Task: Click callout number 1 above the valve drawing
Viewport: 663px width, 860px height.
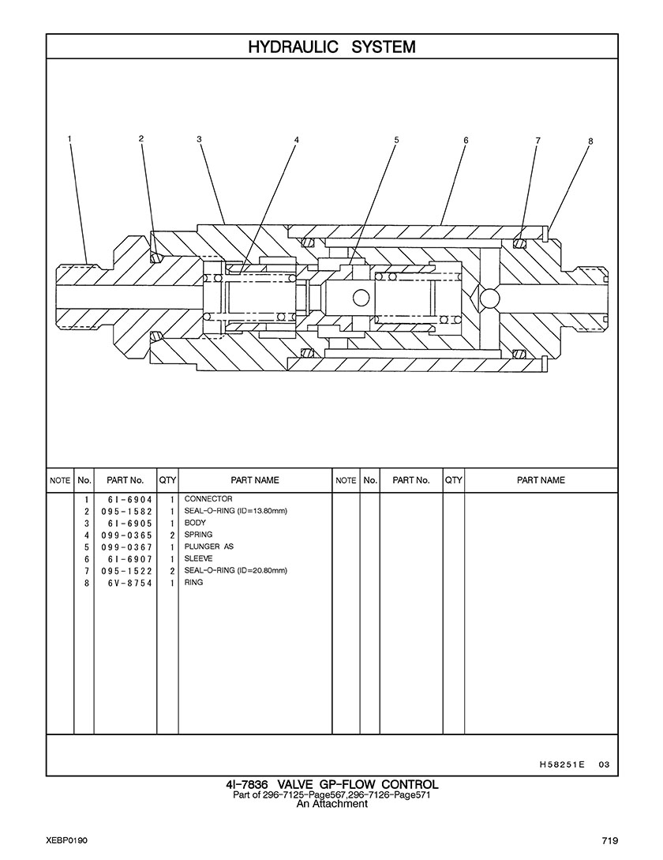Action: (x=69, y=139)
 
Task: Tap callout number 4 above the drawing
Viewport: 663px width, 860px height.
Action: (x=296, y=140)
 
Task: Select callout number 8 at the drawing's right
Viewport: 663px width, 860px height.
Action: (x=590, y=141)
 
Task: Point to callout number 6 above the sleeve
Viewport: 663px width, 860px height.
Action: (x=466, y=140)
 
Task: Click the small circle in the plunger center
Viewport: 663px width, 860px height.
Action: (x=361, y=298)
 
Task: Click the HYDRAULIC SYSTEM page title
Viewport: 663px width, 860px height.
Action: (x=331, y=47)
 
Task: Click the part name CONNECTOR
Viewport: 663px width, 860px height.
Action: (x=208, y=499)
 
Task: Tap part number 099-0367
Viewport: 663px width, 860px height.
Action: (x=126, y=546)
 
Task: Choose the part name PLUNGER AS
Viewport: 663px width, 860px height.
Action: (x=209, y=546)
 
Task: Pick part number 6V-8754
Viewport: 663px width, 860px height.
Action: (x=130, y=583)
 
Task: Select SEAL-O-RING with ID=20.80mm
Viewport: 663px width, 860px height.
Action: (x=236, y=570)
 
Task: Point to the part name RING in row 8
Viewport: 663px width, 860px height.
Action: (x=193, y=583)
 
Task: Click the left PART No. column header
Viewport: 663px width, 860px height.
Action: (x=125, y=480)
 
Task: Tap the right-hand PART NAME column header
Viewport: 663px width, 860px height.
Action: (x=541, y=480)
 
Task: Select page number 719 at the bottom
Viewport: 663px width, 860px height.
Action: (x=610, y=840)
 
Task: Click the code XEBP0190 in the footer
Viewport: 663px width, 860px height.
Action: (x=67, y=840)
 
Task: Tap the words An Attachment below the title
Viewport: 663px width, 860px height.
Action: (x=331, y=804)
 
